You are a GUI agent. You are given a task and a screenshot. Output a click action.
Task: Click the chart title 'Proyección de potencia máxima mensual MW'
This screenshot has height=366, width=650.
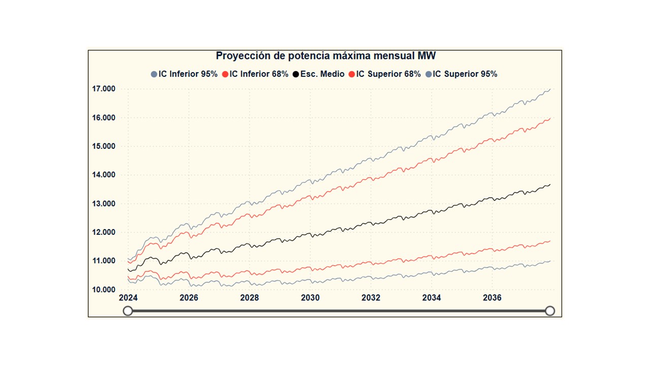(326, 56)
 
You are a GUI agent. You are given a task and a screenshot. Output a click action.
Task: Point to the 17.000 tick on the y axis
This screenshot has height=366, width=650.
(104, 89)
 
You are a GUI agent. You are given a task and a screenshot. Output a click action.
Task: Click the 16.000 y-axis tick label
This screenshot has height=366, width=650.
(104, 118)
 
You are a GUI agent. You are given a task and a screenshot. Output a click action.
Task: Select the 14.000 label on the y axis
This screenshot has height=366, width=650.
(104, 175)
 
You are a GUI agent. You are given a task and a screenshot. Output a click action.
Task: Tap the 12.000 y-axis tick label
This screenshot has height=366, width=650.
(104, 232)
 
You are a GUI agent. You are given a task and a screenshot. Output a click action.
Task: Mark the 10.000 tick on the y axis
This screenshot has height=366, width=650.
(104, 290)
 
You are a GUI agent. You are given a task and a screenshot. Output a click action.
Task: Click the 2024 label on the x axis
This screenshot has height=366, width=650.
(128, 298)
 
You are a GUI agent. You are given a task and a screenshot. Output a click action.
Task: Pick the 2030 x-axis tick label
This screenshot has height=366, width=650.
(310, 298)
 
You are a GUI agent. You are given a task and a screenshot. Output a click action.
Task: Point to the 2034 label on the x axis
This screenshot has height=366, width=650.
(432, 298)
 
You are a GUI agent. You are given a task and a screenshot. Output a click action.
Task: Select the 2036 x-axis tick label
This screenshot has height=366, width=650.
(492, 298)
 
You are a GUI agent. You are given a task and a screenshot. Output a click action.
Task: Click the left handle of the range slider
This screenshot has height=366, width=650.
(128, 311)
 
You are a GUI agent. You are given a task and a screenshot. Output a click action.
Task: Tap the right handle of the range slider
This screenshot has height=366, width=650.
(550, 311)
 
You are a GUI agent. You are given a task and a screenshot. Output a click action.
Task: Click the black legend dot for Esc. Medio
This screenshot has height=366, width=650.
(296, 74)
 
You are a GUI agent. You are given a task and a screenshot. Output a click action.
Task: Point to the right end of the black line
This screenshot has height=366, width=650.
(550, 185)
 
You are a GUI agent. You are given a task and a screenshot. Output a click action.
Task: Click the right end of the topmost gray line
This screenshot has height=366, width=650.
(550, 89)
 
